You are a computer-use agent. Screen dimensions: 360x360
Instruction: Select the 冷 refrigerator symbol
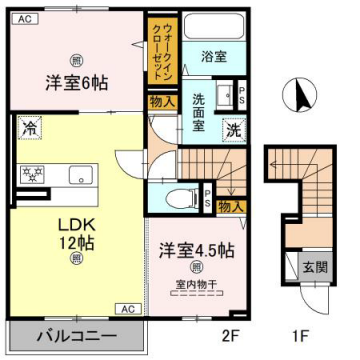coord(29,127)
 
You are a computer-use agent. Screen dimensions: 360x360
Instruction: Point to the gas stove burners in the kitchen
coord(34,174)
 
